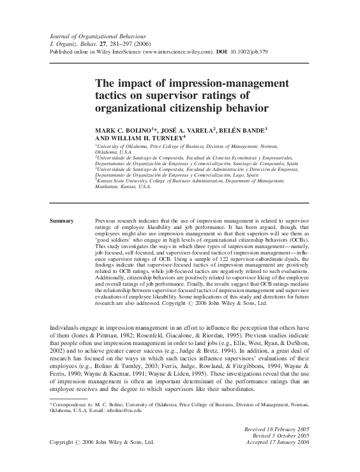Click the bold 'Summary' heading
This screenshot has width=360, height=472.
(x=63, y=220)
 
